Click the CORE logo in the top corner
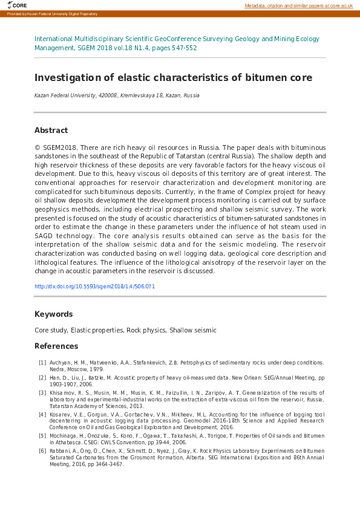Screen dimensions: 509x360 (x=17, y=5)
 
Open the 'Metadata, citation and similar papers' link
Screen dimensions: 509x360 (x=298, y=5)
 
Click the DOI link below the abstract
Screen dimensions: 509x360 (x=94, y=287)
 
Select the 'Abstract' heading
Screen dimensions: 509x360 (x=51, y=131)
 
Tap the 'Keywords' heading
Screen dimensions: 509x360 (x=53, y=314)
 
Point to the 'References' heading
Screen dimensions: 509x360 (x=56, y=346)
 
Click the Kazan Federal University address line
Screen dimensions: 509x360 (x=116, y=96)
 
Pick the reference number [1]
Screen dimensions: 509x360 (x=42, y=363)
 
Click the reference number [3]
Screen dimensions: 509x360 (x=42, y=392)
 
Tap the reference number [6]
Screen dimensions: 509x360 (x=42, y=450)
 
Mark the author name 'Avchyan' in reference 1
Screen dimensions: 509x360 (x=60, y=363)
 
